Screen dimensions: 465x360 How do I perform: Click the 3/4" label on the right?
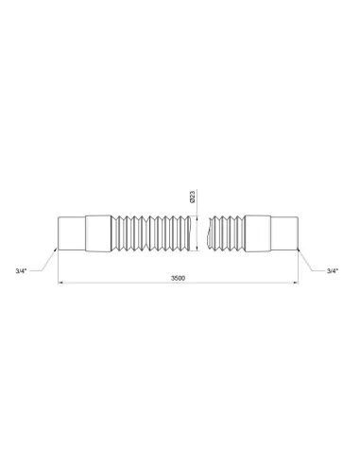tap(332, 271)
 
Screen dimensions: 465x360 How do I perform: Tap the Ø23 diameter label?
tap(193, 198)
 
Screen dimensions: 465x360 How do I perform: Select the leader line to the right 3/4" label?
tap(313, 259)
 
